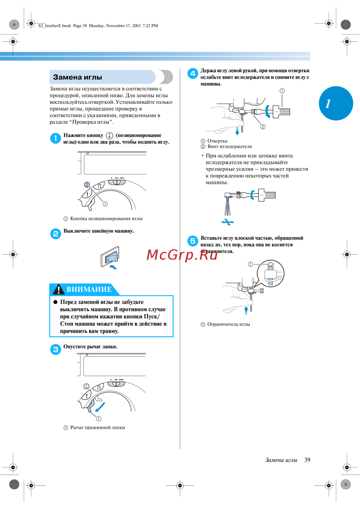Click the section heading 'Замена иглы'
[77, 77]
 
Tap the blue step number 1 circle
[55, 138]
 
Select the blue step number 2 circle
[55, 234]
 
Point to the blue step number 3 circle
[55, 349]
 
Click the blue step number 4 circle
[193, 73]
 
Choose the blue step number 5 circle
[193, 241]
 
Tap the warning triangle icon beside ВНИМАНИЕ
[58, 289]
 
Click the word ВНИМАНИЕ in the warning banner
[89, 290]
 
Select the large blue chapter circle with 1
[336, 103]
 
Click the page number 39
[307, 460]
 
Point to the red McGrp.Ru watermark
[182, 255]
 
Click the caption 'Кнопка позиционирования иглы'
[106, 219]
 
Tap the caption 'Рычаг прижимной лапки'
[97, 428]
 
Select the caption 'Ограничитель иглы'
[228, 324]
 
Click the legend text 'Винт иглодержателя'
[229, 147]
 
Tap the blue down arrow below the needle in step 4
[237, 131]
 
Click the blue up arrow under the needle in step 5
[246, 310]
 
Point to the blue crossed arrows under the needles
[228, 222]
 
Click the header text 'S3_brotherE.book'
[55, 26]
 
